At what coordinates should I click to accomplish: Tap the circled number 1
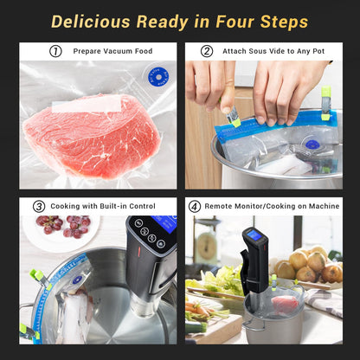[x=55, y=51]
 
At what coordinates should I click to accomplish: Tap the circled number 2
[x=207, y=51]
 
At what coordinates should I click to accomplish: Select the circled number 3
[x=39, y=207]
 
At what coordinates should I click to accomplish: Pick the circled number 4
[x=195, y=207]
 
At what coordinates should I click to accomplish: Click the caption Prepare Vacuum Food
[x=112, y=51]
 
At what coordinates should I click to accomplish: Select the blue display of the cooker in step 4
[x=255, y=235]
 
